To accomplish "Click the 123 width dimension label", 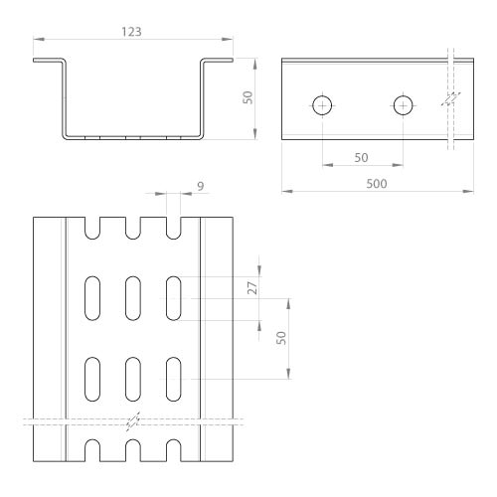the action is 131,32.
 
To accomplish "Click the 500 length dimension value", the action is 377,184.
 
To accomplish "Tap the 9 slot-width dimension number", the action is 201,186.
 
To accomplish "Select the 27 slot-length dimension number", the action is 252,288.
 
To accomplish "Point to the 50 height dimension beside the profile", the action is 248,97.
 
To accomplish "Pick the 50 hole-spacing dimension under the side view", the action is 361,158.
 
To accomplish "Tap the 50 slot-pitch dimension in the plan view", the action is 281,338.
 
